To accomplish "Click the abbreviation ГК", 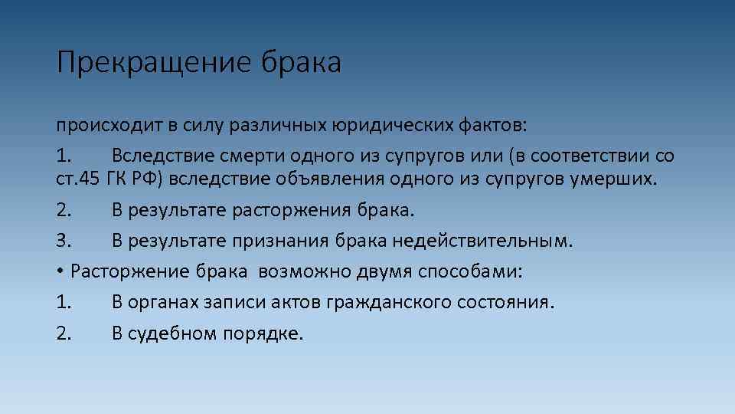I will (121, 179).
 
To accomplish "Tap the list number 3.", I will (64, 242).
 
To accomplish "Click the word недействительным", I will (482, 242).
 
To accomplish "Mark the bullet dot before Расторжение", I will (59, 272).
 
